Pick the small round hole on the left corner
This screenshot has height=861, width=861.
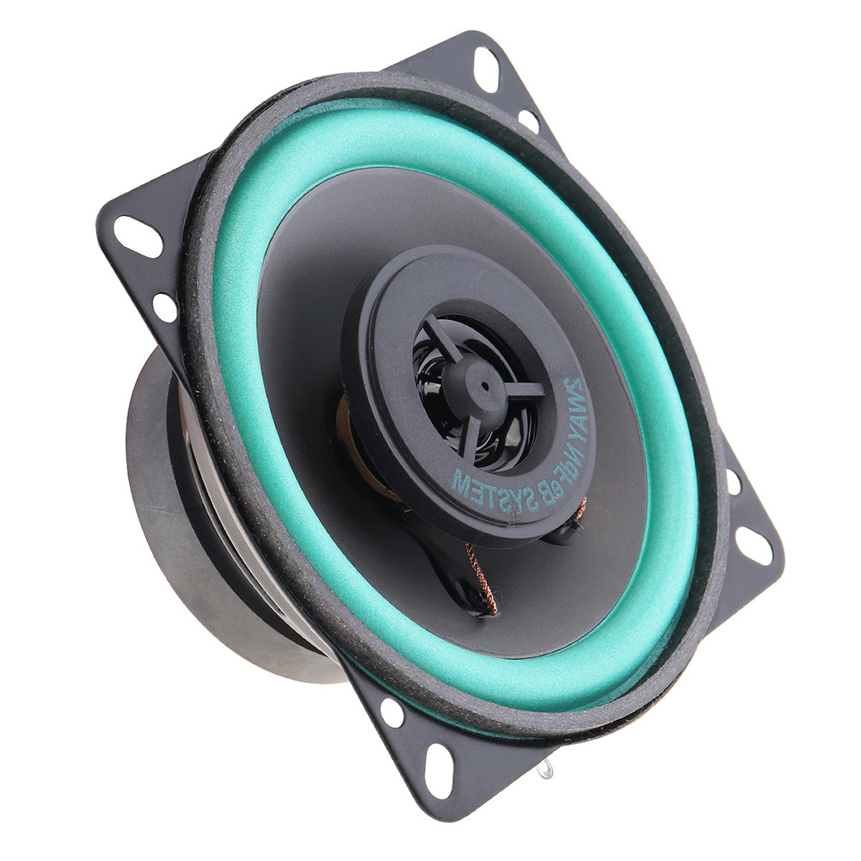tap(164, 307)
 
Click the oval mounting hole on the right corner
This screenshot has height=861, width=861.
tap(753, 544)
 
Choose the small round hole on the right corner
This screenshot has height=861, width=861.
tap(734, 482)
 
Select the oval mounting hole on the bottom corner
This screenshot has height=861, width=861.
tap(439, 770)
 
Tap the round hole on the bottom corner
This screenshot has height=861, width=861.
tap(392, 712)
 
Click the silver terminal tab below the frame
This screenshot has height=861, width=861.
tap(544, 768)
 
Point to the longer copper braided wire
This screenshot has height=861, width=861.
tap(482, 581)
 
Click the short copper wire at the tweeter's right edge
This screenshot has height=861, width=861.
tap(581, 509)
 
